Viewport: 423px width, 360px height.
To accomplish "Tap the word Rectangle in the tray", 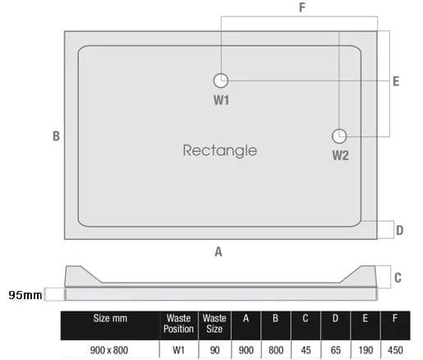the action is pyautogui.click(x=220, y=150).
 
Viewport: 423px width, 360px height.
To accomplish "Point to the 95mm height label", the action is pyautogui.click(x=25, y=295).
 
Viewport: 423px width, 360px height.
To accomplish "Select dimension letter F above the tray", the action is pyautogui.click(x=302, y=7).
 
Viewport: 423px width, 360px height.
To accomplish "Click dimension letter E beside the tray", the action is pyautogui.click(x=396, y=81).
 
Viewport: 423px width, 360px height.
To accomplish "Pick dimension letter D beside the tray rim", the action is pyautogui.click(x=399, y=230).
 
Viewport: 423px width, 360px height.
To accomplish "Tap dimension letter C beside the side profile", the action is pyautogui.click(x=398, y=278).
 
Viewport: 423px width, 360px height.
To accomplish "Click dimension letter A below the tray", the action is pyautogui.click(x=218, y=252).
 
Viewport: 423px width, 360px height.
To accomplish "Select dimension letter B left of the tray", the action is pyautogui.click(x=56, y=136).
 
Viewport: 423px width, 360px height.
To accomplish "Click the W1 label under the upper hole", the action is pyautogui.click(x=221, y=100).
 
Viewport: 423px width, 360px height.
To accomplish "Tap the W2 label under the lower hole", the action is pyautogui.click(x=340, y=155).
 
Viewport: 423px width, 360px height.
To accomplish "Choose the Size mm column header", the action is pyautogui.click(x=110, y=318).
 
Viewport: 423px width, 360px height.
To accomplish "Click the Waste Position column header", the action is pyautogui.click(x=178, y=324).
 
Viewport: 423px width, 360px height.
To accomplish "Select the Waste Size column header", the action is pyautogui.click(x=214, y=324).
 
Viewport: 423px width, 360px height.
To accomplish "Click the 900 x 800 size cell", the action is pyautogui.click(x=109, y=350).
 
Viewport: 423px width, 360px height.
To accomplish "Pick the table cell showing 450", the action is pyautogui.click(x=395, y=350).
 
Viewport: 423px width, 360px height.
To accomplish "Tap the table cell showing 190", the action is pyautogui.click(x=366, y=350).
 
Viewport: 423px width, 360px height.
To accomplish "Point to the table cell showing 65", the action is pyautogui.click(x=335, y=350).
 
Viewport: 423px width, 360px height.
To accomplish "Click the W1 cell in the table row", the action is pyautogui.click(x=178, y=350).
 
